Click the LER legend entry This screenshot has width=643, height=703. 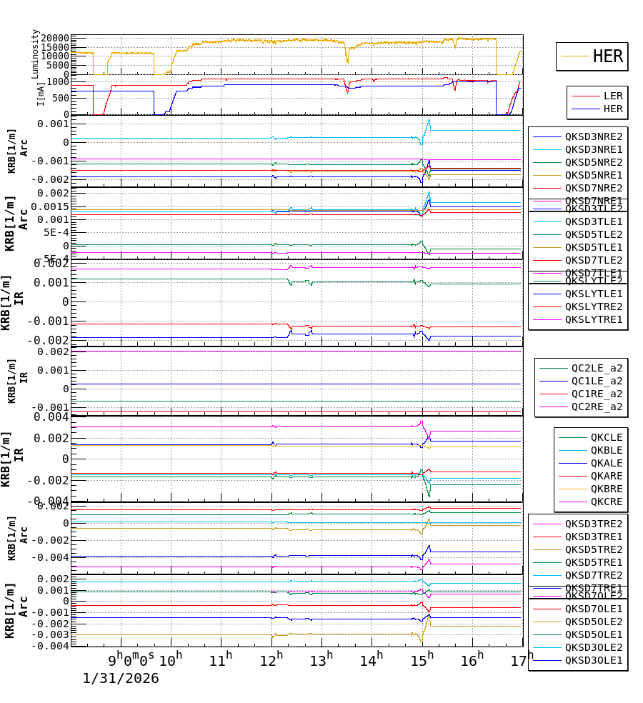[612, 96]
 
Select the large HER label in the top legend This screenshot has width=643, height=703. [607, 56]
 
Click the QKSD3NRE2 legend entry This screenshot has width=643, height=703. [593, 136]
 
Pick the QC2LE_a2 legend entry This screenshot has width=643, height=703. [596, 368]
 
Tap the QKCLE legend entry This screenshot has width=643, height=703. [606, 437]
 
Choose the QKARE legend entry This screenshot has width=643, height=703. [606, 476]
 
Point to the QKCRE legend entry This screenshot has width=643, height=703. [606, 502]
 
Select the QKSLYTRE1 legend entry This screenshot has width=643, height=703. [593, 319]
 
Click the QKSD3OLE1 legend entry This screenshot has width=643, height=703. [593, 660]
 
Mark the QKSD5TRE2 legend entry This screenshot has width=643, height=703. [593, 549]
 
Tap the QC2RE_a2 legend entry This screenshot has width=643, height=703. [596, 407]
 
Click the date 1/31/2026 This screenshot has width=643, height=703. [121, 678]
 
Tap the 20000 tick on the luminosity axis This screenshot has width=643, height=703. [54, 39]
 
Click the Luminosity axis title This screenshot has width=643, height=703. [35, 54]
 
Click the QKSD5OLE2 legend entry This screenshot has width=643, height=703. [593, 622]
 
